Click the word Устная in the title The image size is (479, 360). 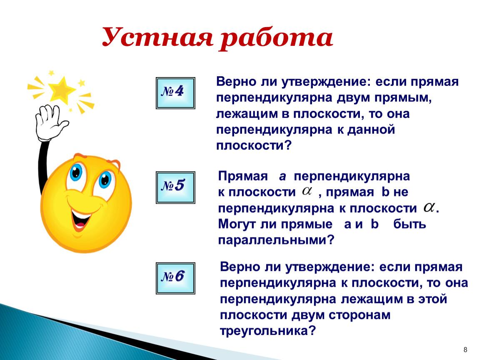pyautogui.click(x=157, y=37)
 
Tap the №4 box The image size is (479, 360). pyautogui.click(x=175, y=93)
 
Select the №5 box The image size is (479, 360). pyautogui.click(x=175, y=187)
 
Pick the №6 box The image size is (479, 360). pyautogui.click(x=175, y=278)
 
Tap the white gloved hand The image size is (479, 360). pyautogui.click(x=50, y=122)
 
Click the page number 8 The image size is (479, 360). pyautogui.click(x=465, y=350)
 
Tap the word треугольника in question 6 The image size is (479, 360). pyautogui.click(x=267, y=331)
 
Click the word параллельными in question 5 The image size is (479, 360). pyautogui.click(x=276, y=240)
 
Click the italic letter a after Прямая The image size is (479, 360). pyautogui.click(x=282, y=177)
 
